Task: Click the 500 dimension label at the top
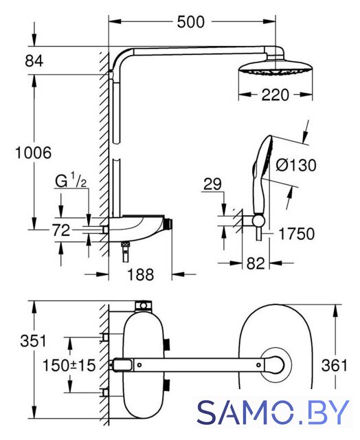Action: point(191,22)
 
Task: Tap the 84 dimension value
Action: point(34,61)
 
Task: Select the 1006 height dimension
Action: point(34,153)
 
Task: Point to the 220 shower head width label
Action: point(275,95)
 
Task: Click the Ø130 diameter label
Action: point(296,165)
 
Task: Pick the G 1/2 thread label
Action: point(71,181)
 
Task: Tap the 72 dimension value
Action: point(61,230)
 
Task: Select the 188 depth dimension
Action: point(141,274)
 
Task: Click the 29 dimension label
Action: point(212,184)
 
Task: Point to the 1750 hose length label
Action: point(297,234)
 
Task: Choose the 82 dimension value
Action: point(256,263)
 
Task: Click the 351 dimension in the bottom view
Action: point(33,341)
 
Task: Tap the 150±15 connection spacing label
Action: point(69,365)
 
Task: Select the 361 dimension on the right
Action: point(335,365)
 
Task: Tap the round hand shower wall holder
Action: point(258,220)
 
